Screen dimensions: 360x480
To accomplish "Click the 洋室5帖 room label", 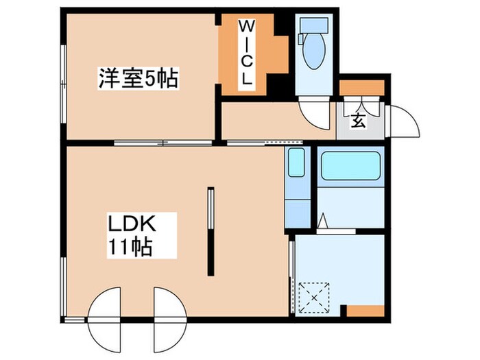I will click(x=136, y=78).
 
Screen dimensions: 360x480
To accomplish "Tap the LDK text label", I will click(x=132, y=224).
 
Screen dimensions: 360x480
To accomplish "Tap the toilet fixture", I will click(x=304, y=49).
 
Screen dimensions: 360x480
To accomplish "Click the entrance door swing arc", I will click(x=402, y=123).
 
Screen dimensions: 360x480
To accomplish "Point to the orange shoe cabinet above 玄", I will click(x=362, y=88).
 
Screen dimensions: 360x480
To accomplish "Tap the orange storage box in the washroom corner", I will click(x=365, y=310).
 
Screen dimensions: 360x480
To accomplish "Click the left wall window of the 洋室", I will click(x=64, y=75).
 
